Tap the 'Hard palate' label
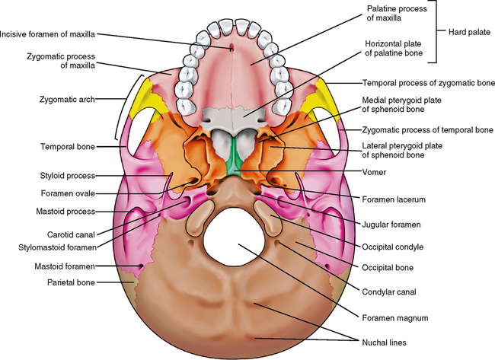(466, 32)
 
